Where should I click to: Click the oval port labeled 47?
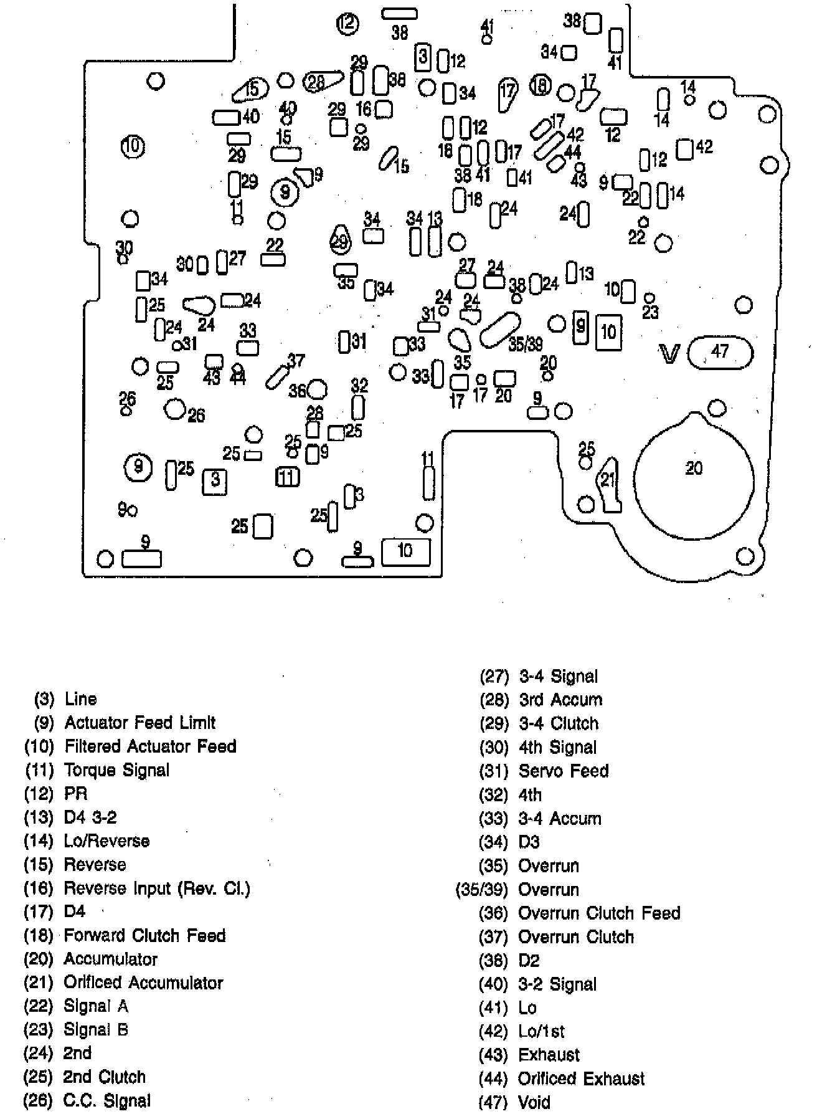(720, 353)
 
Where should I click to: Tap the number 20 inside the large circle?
(693, 468)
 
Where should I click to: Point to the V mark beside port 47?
(670, 355)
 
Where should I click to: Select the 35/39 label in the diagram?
(525, 345)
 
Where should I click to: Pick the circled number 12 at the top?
(347, 24)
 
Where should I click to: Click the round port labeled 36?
(317, 390)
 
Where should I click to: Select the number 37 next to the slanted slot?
(296, 361)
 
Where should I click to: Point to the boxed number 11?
(287, 477)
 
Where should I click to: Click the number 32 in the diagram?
(359, 386)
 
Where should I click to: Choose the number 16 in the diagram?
(364, 110)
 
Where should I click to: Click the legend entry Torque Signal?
(116, 770)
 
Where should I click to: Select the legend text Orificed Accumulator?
(143, 983)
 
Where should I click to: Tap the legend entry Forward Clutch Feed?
(144, 935)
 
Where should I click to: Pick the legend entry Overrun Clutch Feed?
(599, 913)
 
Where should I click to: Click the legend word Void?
(534, 1102)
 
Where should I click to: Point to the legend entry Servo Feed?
(564, 771)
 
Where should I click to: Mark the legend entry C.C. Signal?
(107, 1101)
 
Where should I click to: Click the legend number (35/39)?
(483, 889)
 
